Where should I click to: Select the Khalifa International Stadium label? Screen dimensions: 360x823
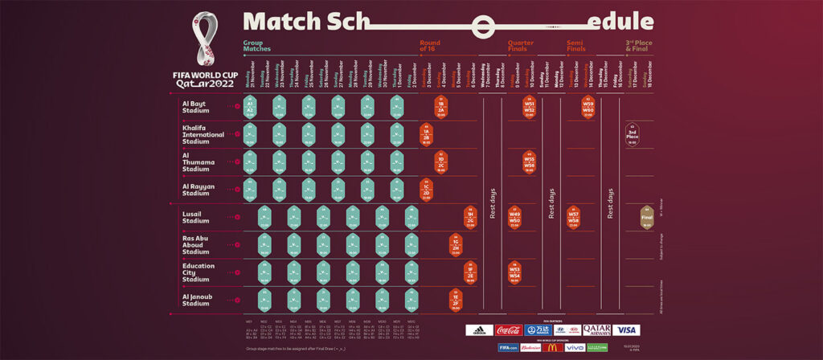click(x=200, y=133)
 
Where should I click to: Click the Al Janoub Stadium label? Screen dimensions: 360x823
click(x=195, y=300)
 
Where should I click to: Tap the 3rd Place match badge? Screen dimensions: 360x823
click(x=633, y=134)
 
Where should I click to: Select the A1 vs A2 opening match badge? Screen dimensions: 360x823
click(x=250, y=106)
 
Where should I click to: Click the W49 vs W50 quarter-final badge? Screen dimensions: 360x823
click(x=515, y=218)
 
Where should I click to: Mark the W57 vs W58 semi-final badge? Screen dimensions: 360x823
click(x=573, y=218)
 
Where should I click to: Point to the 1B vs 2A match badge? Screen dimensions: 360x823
click(x=441, y=106)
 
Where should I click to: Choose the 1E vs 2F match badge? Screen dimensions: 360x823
click(x=456, y=300)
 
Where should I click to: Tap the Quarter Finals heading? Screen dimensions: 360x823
click(x=520, y=47)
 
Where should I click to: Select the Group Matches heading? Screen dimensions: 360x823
click(x=257, y=47)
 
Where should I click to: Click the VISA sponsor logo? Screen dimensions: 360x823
click(x=626, y=329)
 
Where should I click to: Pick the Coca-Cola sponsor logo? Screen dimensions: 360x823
click(x=508, y=329)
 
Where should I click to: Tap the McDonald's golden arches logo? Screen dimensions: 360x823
click(x=552, y=347)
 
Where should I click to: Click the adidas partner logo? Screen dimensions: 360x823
click(x=479, y=329)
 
